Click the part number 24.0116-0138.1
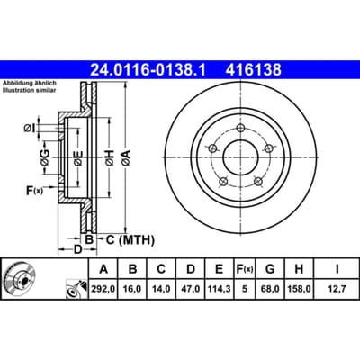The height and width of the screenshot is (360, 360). pos(148,70)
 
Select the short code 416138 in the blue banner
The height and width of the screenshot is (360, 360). pos(254,70)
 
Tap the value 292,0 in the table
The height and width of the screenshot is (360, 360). pos(103,289)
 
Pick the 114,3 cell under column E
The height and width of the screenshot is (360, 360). pos(220,289)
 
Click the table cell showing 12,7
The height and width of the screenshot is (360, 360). pos(337,289)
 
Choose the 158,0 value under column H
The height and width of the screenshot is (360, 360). pos(299,289)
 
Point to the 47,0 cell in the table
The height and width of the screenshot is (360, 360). pos(191,289)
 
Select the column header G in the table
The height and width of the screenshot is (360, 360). pos(270,269)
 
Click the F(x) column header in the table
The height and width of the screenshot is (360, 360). pos(245,269)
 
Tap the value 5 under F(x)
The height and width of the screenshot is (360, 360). pos(245,289)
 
